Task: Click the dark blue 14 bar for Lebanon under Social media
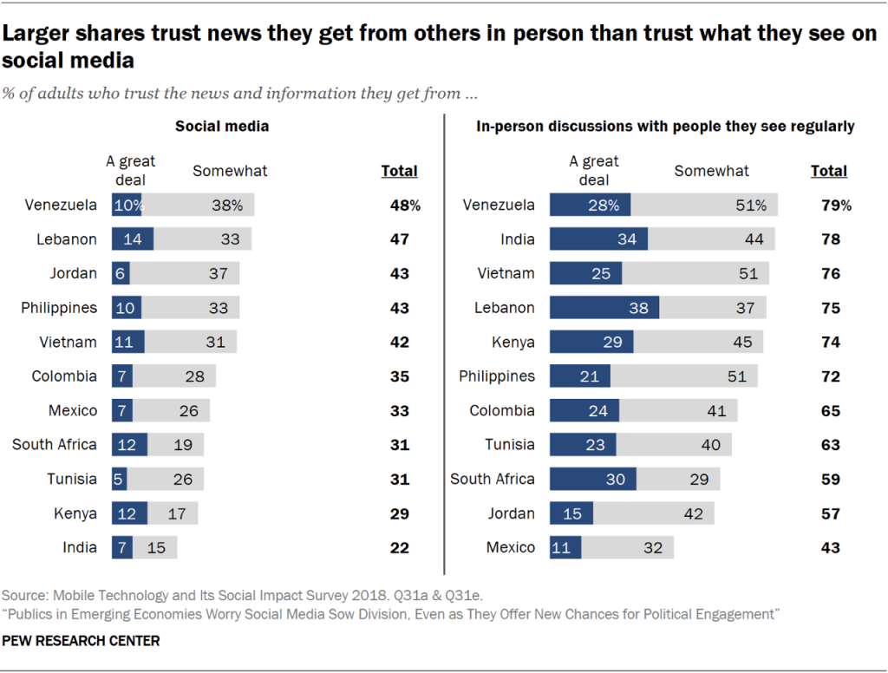click(x=133, y=239)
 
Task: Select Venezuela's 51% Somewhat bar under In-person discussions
click(x=704, y=206)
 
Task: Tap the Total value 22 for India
click(x=399, y=547)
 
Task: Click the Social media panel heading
click(x=222, y=126)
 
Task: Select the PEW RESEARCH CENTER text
click(x=81, y=641)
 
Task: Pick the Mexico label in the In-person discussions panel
click(x=511, y=547)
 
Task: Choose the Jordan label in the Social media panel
click(x=73, y=273)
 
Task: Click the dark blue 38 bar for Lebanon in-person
click(x=604, y=308)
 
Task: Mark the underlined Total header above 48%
click(x=399, y=171)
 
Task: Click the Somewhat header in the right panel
click(x=711, y=171)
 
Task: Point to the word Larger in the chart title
click(x=36, y=35)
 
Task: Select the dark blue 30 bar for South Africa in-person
click(x=592, y=479)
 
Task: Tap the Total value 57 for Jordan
click(x=830, y=513)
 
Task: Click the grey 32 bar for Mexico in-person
click(x=627, y=547)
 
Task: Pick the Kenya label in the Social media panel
click(x=75, y=513)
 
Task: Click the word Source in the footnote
click(x=25, y=596)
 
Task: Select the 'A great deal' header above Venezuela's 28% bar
click(x=594, y=171)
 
